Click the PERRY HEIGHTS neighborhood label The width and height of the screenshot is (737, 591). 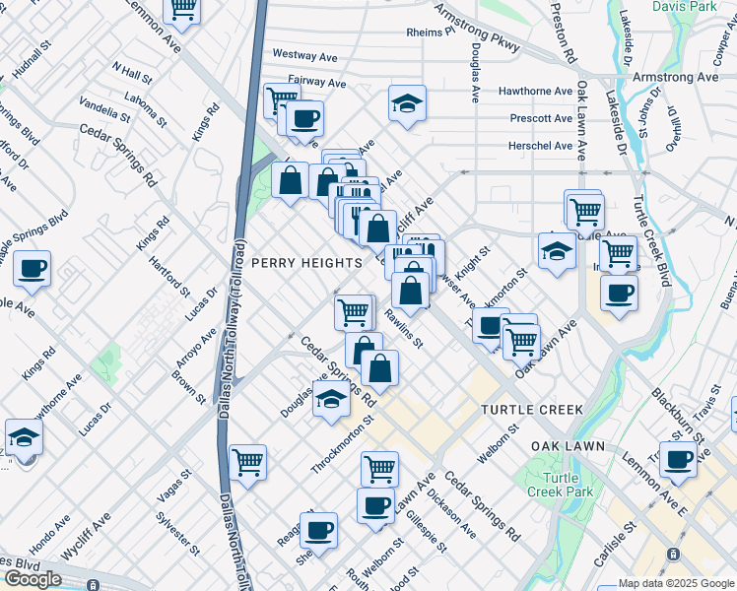tap(306, 263)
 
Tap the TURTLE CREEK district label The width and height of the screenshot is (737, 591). tap(532, 409)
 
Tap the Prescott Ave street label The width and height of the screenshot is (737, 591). tap(541, 119)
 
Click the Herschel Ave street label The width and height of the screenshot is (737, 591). tap(540, 146)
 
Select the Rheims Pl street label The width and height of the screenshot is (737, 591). tap(431, 33)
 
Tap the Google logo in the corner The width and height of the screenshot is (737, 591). tap(33, 579)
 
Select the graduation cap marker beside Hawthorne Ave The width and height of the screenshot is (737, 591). tap(407, 104)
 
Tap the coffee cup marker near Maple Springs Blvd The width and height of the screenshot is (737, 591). tap(32, 269)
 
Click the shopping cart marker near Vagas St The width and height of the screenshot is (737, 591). tap(247, 461)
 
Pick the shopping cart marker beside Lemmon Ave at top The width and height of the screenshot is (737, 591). tap(182, 8)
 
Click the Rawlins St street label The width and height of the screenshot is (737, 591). tap(403, 330)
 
